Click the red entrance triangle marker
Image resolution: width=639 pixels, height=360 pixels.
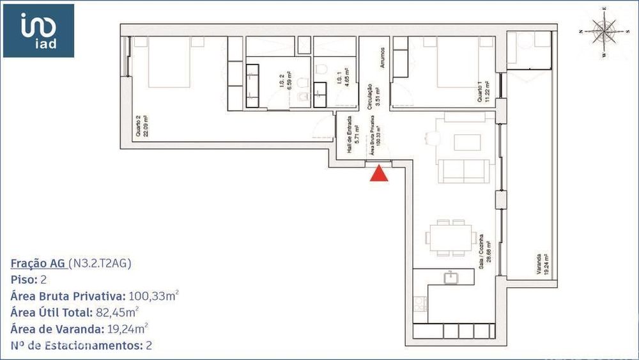click(x=380, y=174)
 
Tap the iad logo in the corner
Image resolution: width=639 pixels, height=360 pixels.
click(x=38, y=31)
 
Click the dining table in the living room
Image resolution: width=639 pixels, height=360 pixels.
click(x=450, y=237)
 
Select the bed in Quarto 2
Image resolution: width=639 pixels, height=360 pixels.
click(x=169, y=62)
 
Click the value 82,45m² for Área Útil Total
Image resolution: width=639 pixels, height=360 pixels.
click(x=116, y=312)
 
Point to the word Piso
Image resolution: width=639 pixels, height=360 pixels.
click(x=22, y=279)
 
